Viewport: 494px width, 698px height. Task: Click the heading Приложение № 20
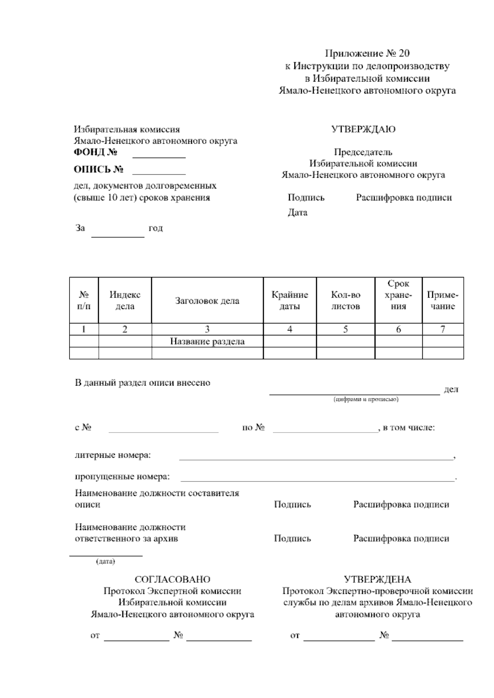click(x=367, y=54)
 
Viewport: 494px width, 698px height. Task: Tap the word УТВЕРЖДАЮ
click(x=363, y=129)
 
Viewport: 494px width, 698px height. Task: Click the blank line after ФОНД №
click(x=158, y=157)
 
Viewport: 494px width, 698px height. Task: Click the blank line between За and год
click(x=117, y=236)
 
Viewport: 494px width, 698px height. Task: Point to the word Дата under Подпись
click(x=297, y=213)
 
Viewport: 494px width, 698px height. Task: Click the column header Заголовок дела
click(x=207, y=300)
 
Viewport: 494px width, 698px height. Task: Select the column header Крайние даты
click(x=290, y=300)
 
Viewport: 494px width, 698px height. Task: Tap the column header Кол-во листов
click(x=345, y=300)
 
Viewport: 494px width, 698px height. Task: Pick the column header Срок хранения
click(x=398, y=295)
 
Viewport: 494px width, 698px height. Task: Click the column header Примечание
click(x=443, y=300)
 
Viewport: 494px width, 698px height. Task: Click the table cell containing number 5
click(x=345, y=329)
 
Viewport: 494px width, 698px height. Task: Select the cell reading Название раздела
click(x=207, y=341)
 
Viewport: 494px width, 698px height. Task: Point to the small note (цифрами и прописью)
click(x=366, y=399)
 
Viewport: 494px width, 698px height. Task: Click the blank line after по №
click(x=325, y=431)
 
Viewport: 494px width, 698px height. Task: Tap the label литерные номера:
click(x=112, y=456)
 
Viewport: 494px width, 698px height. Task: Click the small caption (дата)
click(x=105, y=561)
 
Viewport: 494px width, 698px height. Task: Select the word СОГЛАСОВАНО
click(x=172, y=579)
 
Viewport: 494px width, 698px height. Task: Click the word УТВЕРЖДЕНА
click(x=377, y=579)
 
